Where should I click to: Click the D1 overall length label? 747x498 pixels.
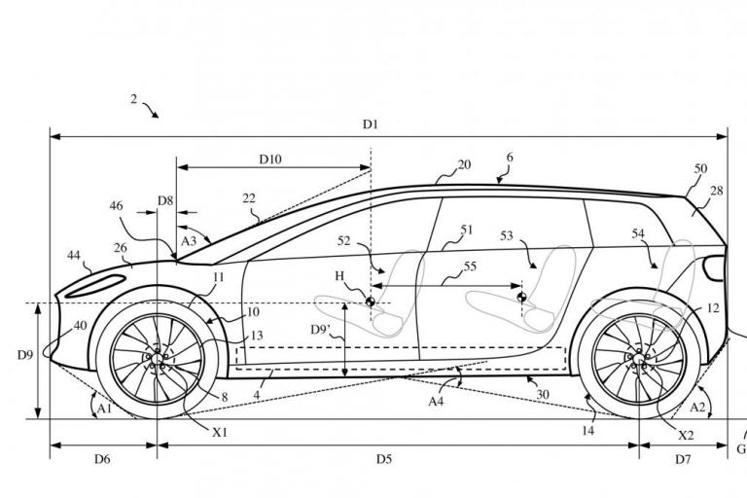[370, 124]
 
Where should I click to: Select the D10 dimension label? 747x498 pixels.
[271, 159]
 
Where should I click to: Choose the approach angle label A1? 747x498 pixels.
[103, 409]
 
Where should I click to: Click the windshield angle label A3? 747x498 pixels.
[190, 239]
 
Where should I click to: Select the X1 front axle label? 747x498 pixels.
[220, 432]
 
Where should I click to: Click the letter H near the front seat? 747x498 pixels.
[339, 277]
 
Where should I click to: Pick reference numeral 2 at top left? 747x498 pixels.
[134, 99]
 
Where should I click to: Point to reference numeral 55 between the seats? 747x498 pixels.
[470, 265]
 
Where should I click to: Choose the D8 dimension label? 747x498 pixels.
[165, 201]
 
